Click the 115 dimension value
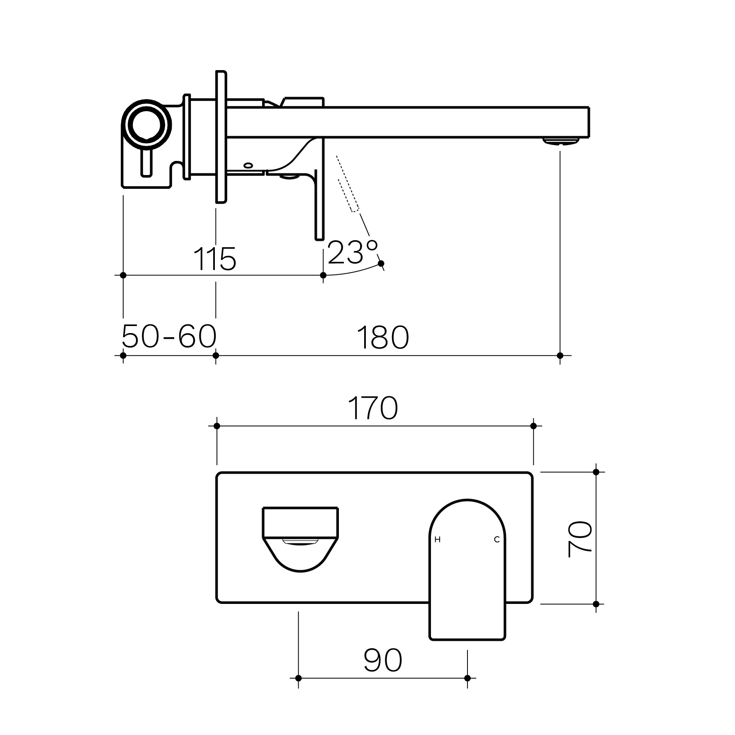tap(215, 259)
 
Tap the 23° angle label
tap(353, 252)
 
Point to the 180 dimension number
tap(382, 338)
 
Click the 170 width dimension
tap(373, 408)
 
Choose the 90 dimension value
tap(383, 660)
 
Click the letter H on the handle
tap(437, 540)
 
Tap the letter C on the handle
tap(496, 540)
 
